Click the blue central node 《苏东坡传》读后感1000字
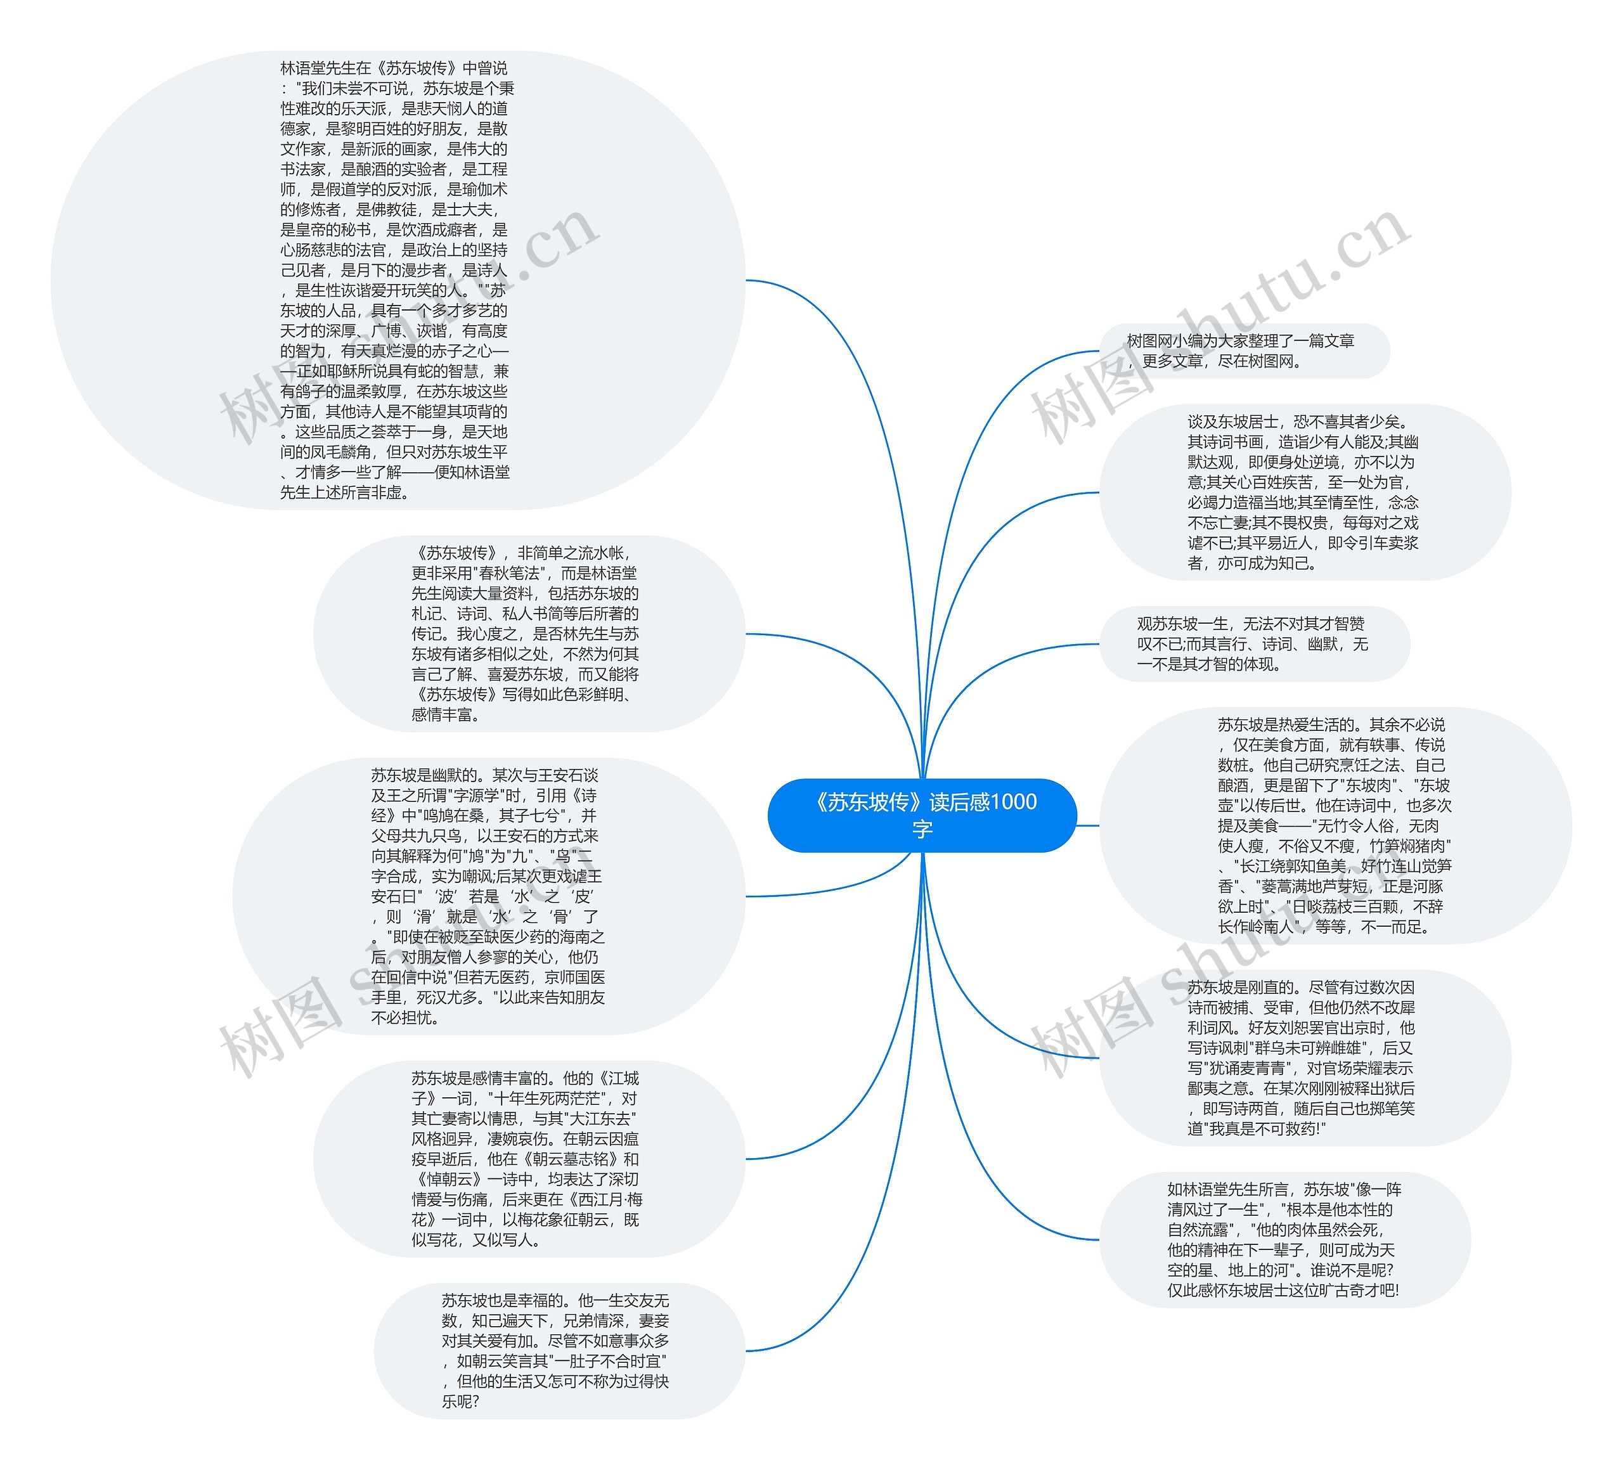coord(922,815)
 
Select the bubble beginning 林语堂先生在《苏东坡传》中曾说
coord(397,280)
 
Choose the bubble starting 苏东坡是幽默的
coord(488,896)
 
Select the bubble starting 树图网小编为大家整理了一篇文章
coord(1243,351)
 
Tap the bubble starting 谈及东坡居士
coord(1304,492)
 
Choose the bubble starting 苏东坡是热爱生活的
coord(1334,825)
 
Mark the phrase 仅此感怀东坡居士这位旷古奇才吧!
coord(1283,1291)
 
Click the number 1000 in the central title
coord(1012,802)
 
